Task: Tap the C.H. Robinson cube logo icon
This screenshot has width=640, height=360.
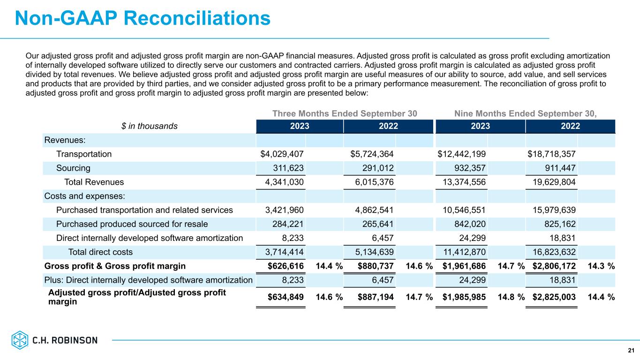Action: (20, 340)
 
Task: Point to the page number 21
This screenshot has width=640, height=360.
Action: (631, 350)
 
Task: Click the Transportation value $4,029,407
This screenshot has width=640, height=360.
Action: (282, 154)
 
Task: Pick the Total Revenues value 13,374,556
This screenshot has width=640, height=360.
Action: (461, 182)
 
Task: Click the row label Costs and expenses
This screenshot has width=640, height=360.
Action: (77, 196)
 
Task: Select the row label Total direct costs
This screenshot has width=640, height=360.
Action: (100, 252)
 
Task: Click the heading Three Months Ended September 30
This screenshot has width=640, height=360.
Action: (345, 113)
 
